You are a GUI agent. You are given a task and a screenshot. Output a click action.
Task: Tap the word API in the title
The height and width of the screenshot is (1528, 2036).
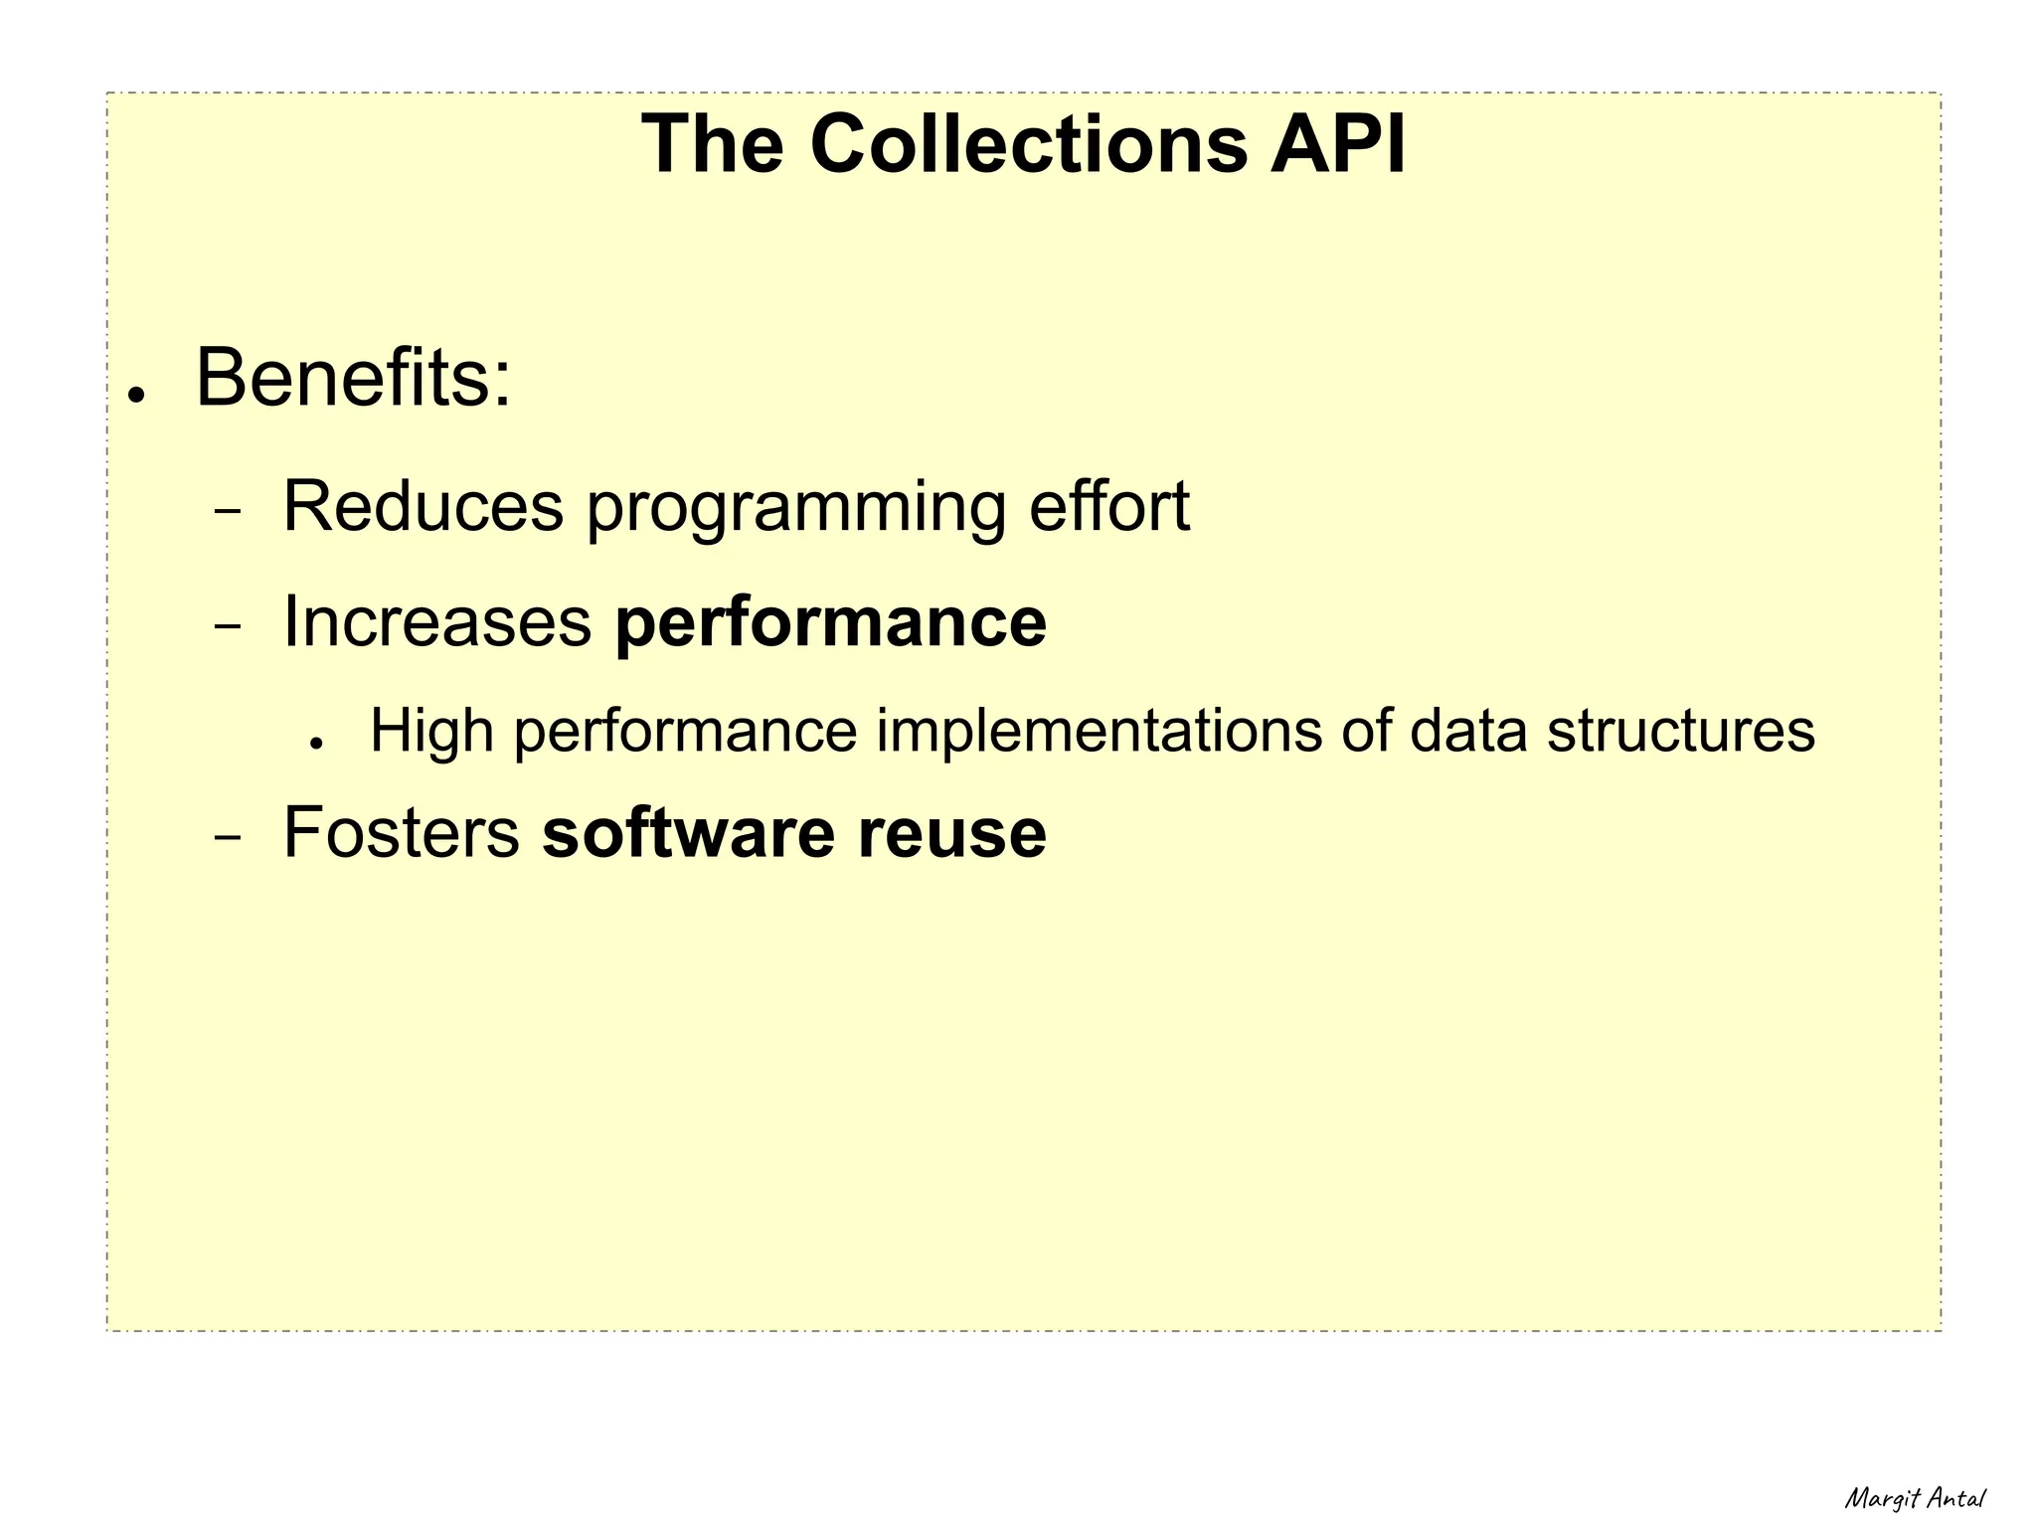(x=1337, y=144)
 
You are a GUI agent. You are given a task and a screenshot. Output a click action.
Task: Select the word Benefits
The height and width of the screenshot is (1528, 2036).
(x=353, y=379)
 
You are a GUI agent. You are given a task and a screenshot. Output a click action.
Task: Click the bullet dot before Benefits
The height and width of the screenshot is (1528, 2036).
(x=137, y=395)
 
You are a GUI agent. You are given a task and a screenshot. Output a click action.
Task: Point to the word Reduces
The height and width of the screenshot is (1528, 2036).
(x=424, y=507)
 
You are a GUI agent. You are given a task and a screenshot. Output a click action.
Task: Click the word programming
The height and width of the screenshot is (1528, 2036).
(x=795, y=509)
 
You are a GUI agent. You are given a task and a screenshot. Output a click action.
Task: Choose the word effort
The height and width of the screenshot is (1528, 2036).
(x=1108, y=507)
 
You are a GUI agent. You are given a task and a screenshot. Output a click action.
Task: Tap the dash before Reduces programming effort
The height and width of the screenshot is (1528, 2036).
(x=228, y=513)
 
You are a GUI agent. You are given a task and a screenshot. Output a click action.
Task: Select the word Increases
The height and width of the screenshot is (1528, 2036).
(x=437, y=622)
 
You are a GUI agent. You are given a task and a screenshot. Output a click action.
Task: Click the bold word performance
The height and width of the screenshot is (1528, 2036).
(x=831, y=624)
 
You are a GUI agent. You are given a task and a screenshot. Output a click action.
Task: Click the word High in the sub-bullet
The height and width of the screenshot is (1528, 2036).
(x=431, y=732)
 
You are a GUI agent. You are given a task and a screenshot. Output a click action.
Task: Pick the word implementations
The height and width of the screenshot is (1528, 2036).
(x=1099, y=732)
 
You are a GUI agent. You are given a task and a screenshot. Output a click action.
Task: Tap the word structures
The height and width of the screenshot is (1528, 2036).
(x=1681, y=732)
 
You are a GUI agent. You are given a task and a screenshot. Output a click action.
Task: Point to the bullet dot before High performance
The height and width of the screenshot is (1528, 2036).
(x=317, y=743)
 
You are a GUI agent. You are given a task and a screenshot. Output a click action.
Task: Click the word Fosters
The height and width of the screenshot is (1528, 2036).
(x=402, y=833)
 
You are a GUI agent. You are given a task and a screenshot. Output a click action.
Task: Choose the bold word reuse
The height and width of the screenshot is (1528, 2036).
(x=951, y=833)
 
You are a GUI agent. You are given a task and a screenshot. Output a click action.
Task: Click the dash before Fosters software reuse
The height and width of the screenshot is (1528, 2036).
(x=228, y=839)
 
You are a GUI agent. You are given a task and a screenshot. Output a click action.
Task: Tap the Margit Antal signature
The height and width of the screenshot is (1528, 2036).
(x=1915, y=1498)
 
